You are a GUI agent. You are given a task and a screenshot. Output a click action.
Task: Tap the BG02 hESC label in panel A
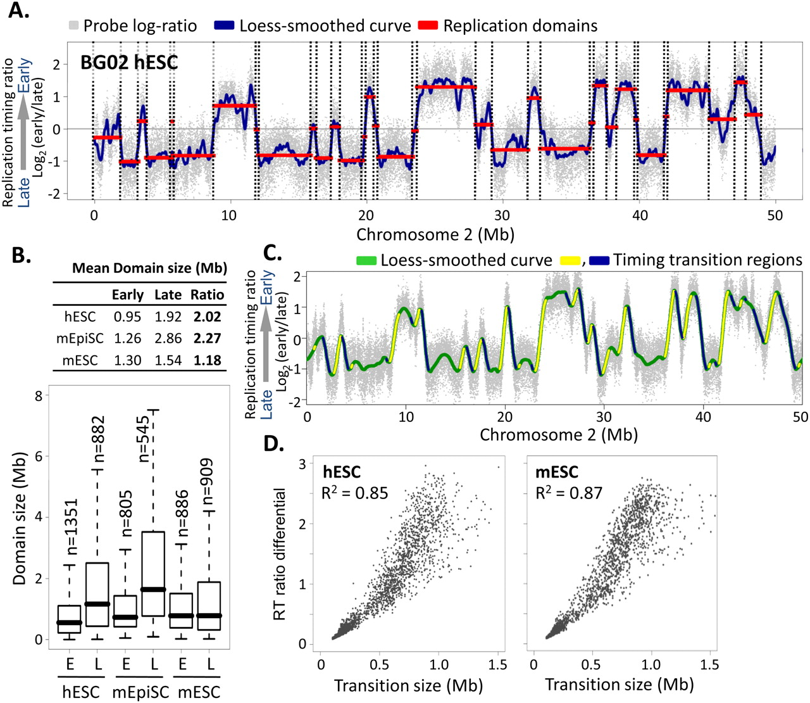[129, 62]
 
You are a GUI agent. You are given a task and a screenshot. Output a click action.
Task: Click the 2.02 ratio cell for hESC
[207, 317]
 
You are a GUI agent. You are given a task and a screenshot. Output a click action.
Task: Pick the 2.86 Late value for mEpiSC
[168, 338]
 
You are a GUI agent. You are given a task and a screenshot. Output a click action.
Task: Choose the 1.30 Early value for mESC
[127, 360]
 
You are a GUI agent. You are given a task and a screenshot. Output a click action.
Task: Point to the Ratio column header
[207, 294]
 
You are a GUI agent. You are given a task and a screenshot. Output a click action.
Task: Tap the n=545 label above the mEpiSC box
[144, 439]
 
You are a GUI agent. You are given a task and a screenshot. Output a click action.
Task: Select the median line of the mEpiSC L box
[153, 589]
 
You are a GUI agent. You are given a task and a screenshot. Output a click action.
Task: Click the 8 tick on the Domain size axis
[38, 396]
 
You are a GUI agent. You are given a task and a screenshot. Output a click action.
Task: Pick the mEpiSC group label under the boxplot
[140, 692]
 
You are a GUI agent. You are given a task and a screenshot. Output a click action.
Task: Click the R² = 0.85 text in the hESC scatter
[354, 492]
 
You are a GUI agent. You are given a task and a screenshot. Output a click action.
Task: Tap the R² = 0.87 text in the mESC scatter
[568, 492]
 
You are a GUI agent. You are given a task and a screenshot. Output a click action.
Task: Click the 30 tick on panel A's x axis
[502, 215]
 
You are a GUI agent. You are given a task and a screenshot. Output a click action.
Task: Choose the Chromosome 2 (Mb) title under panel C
[558, 435]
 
